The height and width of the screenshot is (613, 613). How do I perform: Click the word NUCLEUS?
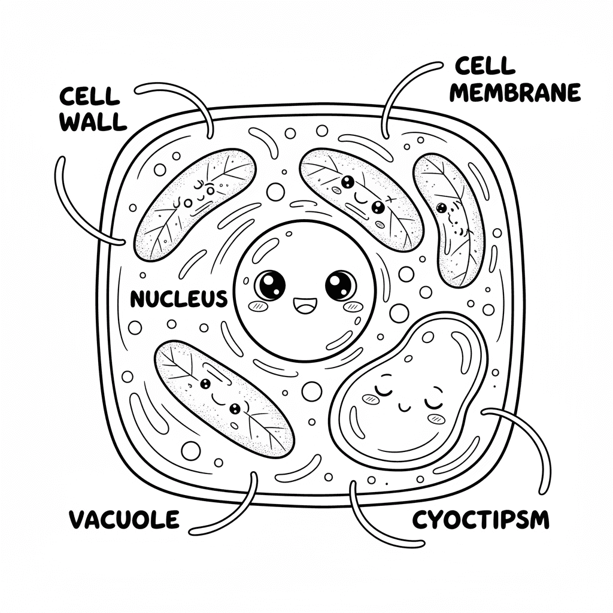coord(178,298)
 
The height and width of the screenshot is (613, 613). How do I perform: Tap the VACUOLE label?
coord(123,519)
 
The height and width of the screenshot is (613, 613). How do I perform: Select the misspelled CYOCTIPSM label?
coord(480,519)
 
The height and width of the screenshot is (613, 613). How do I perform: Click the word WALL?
coord(94,122)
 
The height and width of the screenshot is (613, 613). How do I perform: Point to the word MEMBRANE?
coord(515,93)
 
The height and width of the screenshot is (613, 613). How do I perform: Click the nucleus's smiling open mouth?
coord(304,306)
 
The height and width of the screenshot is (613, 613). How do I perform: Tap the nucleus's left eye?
coord(270,284)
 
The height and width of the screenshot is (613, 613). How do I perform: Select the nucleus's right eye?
coord(341,284)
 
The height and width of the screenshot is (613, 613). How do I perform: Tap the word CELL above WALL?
coord(90,96)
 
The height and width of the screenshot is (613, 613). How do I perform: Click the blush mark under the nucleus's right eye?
coord(353,306)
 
